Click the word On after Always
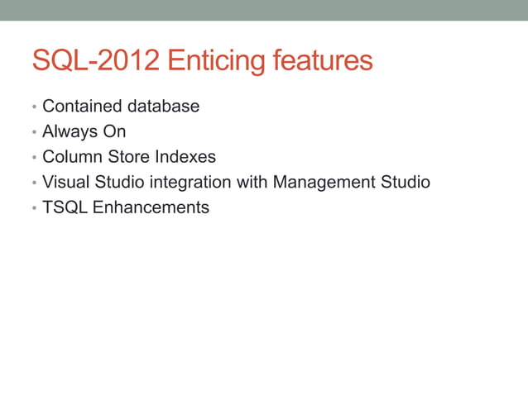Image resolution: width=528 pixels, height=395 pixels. point(114,131)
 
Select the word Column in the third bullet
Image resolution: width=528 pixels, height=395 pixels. point(72,157)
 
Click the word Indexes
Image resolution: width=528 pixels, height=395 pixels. point(185,157)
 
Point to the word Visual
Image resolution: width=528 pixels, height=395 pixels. point(66,182)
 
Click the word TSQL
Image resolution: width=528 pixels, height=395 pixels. point(65,207)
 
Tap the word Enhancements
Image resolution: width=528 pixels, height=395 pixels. point(151,207)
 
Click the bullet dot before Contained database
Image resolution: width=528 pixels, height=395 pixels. point(34,108)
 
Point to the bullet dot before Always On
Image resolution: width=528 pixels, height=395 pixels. point(34,133)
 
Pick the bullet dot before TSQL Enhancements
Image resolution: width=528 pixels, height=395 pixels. point(34,209)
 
